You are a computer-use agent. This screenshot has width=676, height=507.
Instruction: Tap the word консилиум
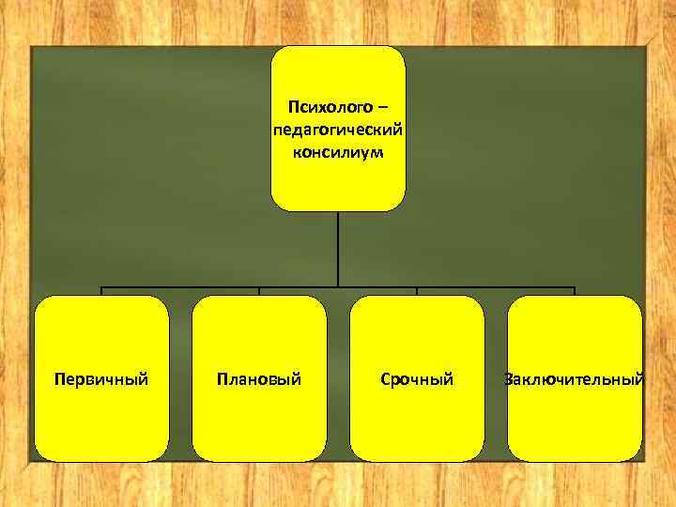[338, 150]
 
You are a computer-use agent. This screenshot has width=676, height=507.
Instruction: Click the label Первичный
[101, 379]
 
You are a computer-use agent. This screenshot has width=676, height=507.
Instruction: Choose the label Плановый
[259, 379]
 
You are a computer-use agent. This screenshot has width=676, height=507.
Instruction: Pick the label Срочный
[417, 379]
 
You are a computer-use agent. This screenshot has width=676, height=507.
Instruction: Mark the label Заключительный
[575, 379]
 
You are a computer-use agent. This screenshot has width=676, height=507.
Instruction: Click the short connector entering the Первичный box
[101, 291]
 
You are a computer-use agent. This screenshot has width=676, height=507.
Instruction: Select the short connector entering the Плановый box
[259, 291]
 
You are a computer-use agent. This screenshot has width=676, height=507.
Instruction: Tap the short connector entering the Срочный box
[417, 291]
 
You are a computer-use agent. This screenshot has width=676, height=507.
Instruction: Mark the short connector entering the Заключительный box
[575, 291]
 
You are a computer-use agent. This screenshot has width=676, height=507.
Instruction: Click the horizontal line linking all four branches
[188, 286]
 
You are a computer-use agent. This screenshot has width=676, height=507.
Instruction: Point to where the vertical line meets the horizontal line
[338, 286]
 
